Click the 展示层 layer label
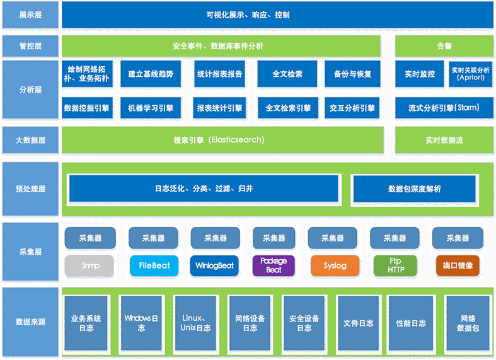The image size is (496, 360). [x=30, y=15]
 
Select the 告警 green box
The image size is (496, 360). [x=444, y=46]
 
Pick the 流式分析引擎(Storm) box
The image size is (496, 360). [x=444, y=108]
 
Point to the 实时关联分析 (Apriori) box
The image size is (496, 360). [x=470, y=74]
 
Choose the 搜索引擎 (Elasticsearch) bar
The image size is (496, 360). [x=222, y=140]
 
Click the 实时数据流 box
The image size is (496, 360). [x=444, y=140]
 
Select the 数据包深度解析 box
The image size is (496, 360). [x=414, y=189]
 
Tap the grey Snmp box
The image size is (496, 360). [x=89, y=265]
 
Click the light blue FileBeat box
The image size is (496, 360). [x=154, y=265]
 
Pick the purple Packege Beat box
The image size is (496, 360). [x=274, y=265]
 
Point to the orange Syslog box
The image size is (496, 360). [x=335, y=265]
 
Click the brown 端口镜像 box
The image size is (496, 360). [x=458, y=265]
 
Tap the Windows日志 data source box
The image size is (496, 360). [x=141, y=323]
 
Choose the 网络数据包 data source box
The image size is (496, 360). [x=467, y=323]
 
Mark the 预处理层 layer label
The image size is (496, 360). [x=30, y=189]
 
